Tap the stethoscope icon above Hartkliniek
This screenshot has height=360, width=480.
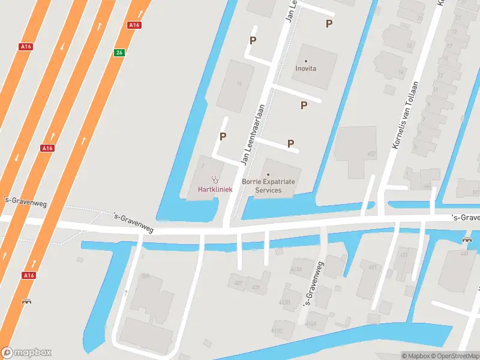point(215,179)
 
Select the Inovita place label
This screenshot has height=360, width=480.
point(305,68)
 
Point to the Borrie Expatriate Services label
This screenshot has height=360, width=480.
point(268,185)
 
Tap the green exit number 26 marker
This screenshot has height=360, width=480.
point(119,53)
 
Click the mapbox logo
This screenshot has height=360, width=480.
point(26,353)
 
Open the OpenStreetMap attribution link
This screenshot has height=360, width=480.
point(454,356)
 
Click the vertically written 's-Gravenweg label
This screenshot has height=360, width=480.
point(314,285)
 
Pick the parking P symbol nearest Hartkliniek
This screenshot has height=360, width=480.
point(223,136)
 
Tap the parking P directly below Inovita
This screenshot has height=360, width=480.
point(304,105)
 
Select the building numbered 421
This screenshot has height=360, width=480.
point(372,267)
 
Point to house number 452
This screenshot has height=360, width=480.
point(371,154)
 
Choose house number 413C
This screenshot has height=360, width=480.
point(277,330)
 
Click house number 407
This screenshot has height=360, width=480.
point(238,283)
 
